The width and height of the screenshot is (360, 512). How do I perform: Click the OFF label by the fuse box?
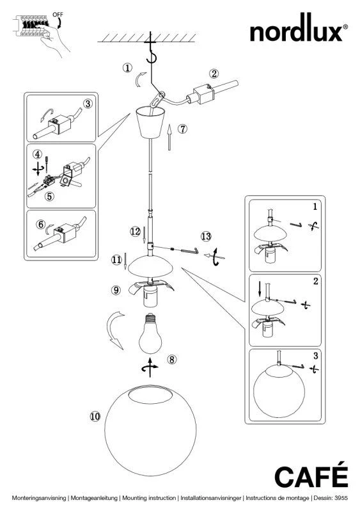click(x=58, y=15)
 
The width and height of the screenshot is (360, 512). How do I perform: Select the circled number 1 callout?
click(x=127, y=68)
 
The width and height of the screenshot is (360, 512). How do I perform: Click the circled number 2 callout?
click(x=214, y=74)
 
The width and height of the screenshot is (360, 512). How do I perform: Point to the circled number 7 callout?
click(x=182, y=129)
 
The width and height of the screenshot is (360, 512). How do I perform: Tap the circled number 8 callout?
click(x=171, y=360)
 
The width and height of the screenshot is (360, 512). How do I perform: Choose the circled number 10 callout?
click(x=95, y=417)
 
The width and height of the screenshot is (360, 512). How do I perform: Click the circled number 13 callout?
click(x=206, y=236)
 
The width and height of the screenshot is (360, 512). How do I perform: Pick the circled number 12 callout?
click(x=135, y=232)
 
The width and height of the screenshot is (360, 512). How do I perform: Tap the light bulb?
click(x=150, y=334)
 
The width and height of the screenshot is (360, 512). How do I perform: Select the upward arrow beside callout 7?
click(x=169, y=137)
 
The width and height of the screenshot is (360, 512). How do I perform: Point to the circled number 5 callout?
click(x=49, y=196)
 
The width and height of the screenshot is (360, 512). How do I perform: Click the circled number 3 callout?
click(x=88, y=104)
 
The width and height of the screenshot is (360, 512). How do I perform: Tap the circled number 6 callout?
click(x=40, y=225)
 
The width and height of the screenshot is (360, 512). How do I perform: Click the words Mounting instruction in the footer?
click(x=148, y=498)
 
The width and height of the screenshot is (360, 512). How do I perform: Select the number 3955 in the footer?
click(x=341, y=498)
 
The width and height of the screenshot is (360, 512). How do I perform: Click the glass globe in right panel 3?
click(x=279, y=391)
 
